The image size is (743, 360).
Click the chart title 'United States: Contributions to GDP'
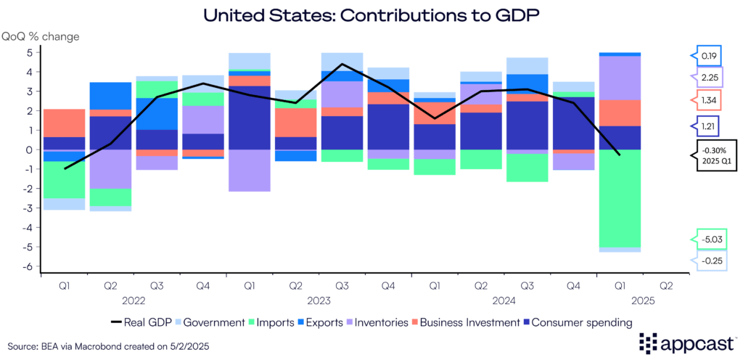click(371, 14)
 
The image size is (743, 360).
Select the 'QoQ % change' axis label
click(41, 36)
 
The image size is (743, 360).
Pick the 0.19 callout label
click(709, 54)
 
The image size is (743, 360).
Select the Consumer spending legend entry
click(580, 322)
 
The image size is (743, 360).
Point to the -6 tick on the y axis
click(30, 266)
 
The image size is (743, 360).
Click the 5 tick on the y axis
click(30, 53)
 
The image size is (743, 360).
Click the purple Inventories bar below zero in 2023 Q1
click(250, 171)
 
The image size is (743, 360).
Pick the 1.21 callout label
click(709, 126)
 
